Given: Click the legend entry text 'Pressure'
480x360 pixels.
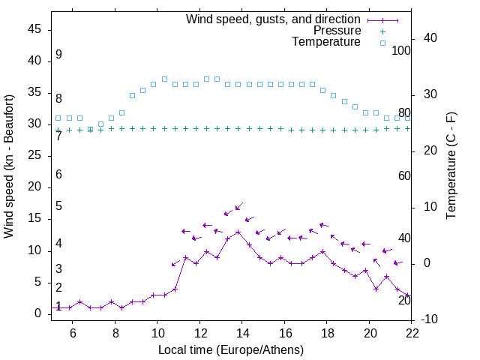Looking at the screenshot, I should click(337, 31).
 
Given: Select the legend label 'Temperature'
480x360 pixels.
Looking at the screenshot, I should click(326, 42).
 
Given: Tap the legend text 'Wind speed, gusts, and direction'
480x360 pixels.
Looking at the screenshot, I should click(274, 19).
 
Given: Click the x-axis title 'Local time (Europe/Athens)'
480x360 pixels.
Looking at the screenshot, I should click(231, 349).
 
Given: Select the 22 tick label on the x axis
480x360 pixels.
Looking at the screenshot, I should click(411, 333).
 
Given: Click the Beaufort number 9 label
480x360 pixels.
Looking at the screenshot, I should click(58, 55).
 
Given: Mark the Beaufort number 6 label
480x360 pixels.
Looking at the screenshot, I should click(58, 175).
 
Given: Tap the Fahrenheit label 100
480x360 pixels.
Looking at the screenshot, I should click(402, 50).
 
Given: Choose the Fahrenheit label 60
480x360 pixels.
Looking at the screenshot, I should click(405, 175).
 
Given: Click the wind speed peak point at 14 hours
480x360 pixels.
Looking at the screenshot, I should click(238, 232).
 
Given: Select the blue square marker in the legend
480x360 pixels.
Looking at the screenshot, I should click(382, 43).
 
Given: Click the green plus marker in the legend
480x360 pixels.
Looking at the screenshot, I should click(382, 31).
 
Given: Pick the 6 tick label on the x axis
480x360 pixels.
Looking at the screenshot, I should click(73, 333).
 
